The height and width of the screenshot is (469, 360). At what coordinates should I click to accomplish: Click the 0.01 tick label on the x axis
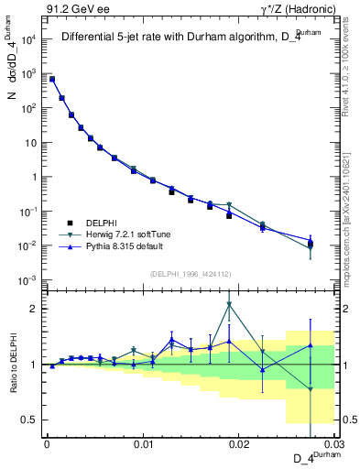(142, 445)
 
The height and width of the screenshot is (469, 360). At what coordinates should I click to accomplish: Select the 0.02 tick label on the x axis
(238, 445)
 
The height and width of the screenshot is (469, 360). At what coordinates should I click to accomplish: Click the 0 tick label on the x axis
(47, 445)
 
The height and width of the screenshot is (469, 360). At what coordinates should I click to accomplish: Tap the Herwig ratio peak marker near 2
(229, 304)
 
